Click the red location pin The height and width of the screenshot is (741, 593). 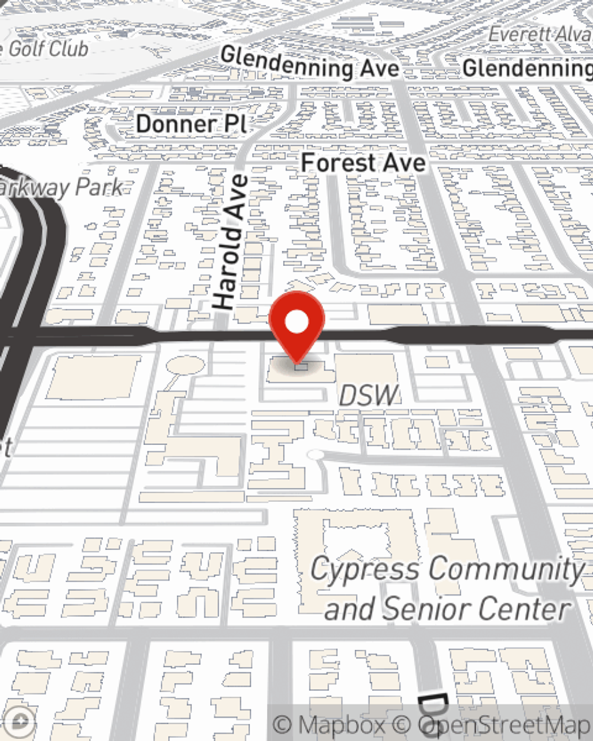(x=296, y=324)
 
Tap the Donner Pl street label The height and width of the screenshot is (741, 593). (x=191, y=124)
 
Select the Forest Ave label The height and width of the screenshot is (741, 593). (x=363, y=162)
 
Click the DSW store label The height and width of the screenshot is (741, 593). (x=368, y=395)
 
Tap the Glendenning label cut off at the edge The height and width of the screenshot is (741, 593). (x=527, y=68)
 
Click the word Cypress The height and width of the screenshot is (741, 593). (x=365, y=570)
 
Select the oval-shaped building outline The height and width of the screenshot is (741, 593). (x=185, y=365)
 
